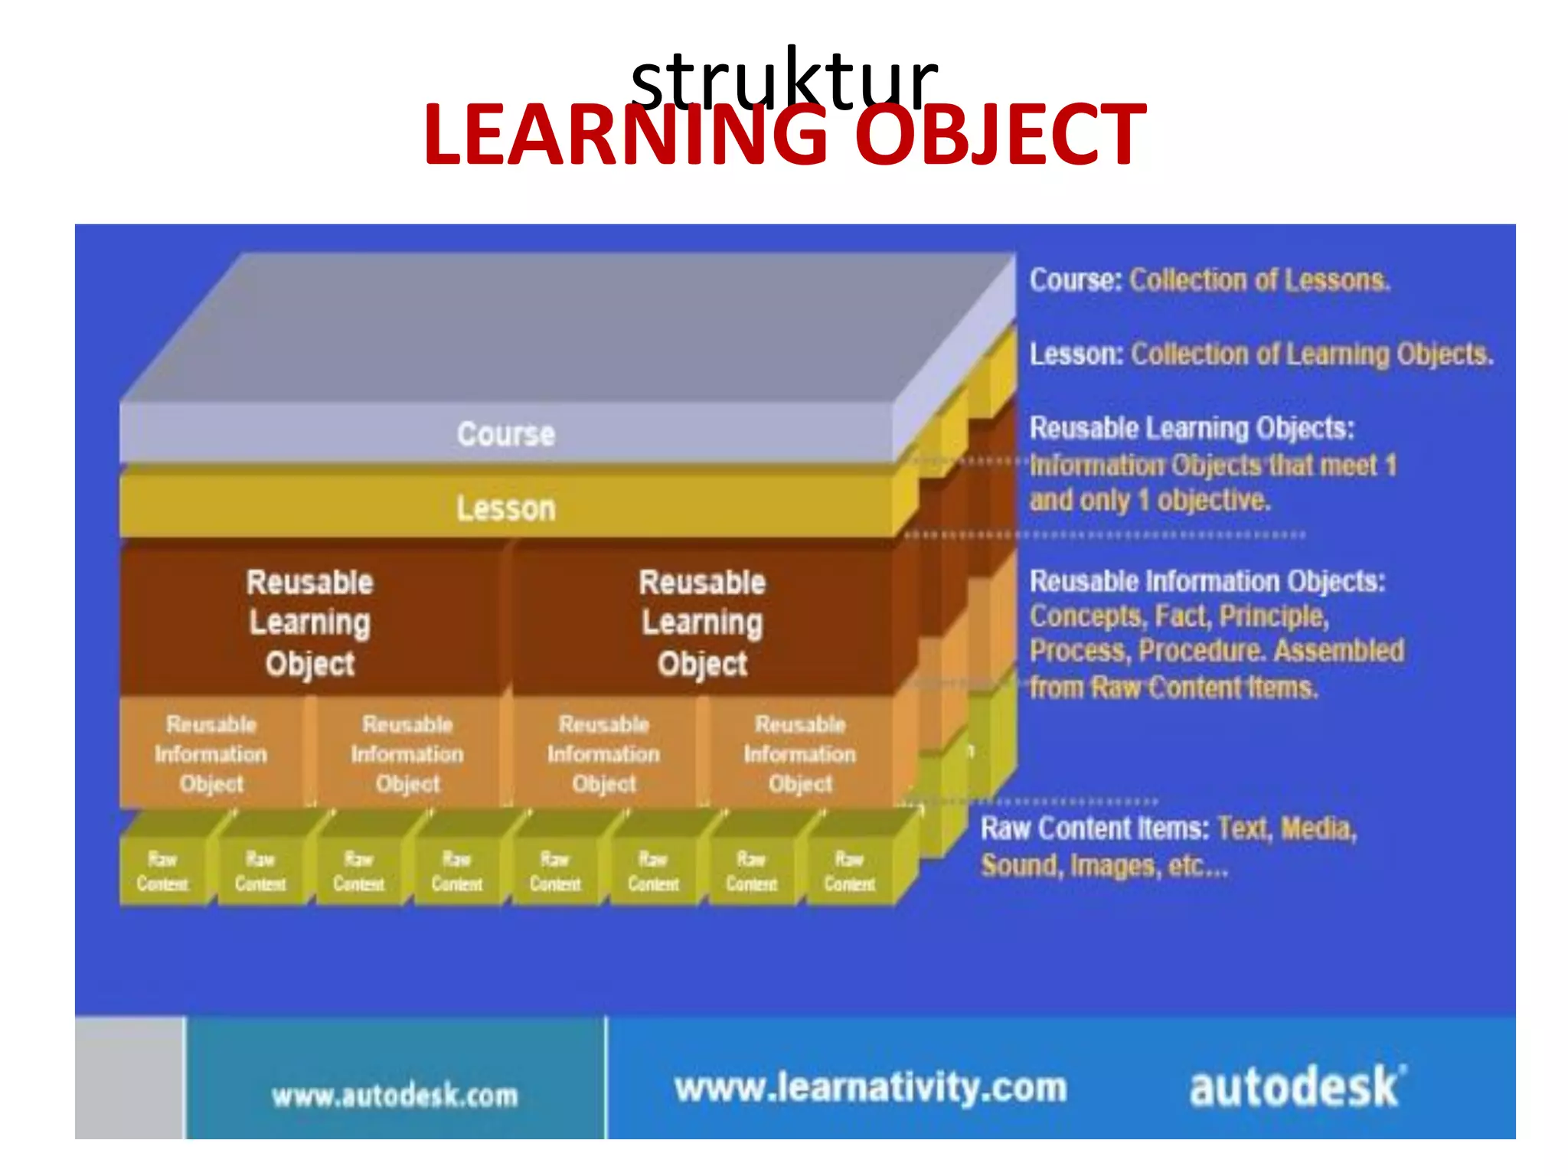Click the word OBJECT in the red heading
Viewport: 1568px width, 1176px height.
coord(999,136)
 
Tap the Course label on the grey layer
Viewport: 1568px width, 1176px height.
coord(506,434)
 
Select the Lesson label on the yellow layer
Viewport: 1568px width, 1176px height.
coord(506,508)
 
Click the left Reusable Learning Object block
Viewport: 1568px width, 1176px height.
coord(310,622)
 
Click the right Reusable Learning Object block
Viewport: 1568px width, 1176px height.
coord(702,622)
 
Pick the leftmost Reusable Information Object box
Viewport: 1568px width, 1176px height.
coord(211,753)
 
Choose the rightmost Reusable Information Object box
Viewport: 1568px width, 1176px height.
coord(800,753)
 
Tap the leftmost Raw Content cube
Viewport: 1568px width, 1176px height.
coord(162,871)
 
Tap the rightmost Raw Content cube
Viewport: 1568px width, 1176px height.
coord(849,871)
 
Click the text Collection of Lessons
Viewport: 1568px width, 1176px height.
coord(1259,280)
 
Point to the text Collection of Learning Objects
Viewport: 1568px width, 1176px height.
coord(1312,354)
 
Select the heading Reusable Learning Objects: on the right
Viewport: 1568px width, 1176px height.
coord(1191,428)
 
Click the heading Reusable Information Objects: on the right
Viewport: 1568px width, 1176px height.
coord(1207,581)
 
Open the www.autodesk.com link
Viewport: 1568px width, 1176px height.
coord(395,1096)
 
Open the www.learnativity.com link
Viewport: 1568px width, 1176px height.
coord(871,1087)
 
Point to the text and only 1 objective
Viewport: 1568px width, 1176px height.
coord(1149,501)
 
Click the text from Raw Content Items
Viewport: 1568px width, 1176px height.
coord(1173,688)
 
